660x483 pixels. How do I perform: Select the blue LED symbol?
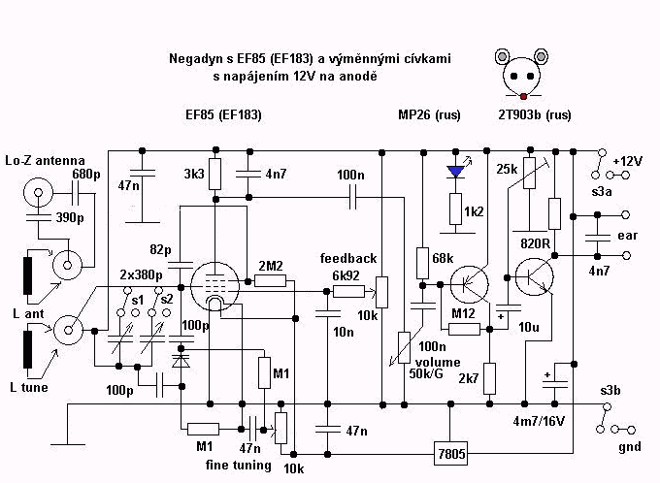click(454, 172)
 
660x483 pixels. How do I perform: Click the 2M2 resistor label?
click(272, 265)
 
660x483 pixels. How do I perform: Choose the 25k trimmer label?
click(506, 170)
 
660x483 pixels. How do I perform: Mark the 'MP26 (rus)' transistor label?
click(429, 114)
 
